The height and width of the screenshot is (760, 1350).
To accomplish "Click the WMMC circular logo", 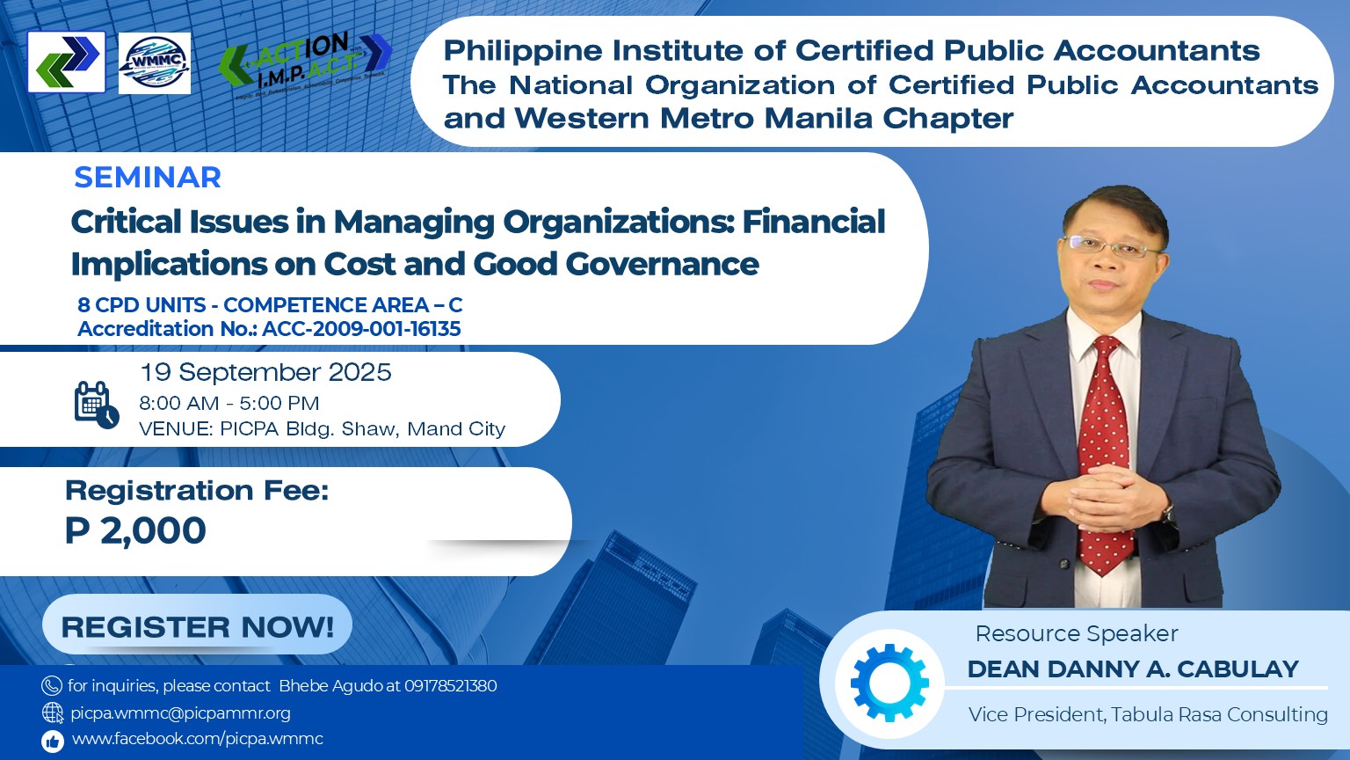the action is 155,63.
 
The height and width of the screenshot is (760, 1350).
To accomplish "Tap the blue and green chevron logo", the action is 66,62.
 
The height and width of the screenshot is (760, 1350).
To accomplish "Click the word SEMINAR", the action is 148,178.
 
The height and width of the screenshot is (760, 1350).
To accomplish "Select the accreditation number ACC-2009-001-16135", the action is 361,329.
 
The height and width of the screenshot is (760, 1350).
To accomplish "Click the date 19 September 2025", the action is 265,372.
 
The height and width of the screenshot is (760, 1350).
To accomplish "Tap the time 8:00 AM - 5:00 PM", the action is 229,403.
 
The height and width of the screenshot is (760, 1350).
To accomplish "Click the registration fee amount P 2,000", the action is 135,530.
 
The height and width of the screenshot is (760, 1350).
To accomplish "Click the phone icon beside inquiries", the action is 52,686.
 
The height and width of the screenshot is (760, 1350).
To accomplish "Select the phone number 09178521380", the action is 451,686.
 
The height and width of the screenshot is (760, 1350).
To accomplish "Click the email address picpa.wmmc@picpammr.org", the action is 180,713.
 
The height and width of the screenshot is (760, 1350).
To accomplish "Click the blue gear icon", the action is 889,683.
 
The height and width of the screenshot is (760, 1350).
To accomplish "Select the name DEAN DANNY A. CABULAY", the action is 1133,669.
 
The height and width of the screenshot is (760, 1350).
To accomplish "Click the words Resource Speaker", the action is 1077,634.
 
